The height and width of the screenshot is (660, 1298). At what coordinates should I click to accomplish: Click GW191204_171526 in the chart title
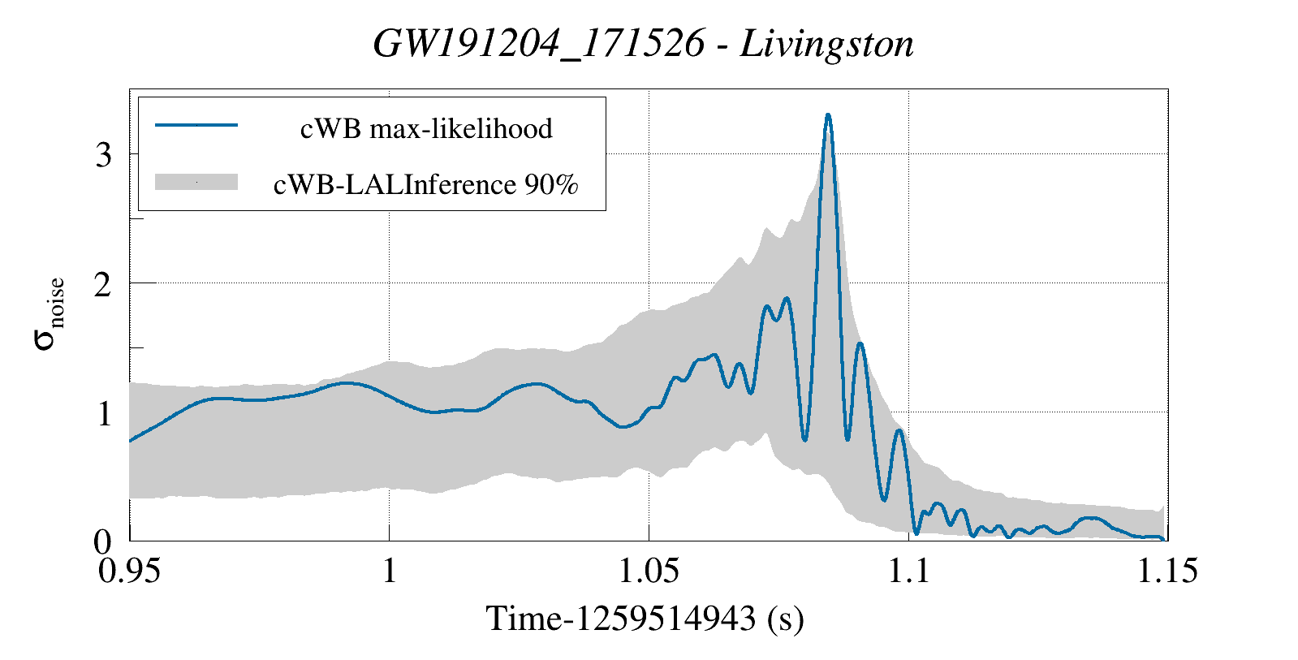[539, 44]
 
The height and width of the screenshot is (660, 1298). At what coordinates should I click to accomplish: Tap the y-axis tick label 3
[103, 154]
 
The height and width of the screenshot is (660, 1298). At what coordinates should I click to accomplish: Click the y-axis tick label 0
[103, 541]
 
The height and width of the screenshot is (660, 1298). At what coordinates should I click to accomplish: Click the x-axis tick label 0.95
[130, 572]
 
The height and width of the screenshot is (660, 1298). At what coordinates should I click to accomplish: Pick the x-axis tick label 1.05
[649, 572]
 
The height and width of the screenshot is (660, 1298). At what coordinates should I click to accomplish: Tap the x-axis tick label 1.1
[908, 572]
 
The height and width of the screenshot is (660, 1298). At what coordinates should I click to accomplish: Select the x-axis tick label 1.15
[1167, 572]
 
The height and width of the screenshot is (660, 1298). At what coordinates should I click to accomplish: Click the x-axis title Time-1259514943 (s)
[645, 619]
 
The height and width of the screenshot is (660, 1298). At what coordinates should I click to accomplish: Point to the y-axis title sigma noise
[49, 314]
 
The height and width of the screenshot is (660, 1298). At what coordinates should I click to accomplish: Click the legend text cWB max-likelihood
[426, 128]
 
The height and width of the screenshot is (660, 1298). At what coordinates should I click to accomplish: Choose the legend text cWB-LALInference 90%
[426, 184]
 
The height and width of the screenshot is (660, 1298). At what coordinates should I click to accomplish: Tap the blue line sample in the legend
[196, 125]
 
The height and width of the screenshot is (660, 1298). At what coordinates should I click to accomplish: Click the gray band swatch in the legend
[196, 183]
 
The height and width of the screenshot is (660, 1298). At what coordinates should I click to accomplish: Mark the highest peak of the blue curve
[828, 115]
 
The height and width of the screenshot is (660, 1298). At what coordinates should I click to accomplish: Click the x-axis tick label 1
[389, 572]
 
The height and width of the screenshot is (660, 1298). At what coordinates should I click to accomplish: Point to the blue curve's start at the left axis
[131, 441]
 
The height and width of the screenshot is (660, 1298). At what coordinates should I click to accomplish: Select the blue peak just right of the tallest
[860, 344]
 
